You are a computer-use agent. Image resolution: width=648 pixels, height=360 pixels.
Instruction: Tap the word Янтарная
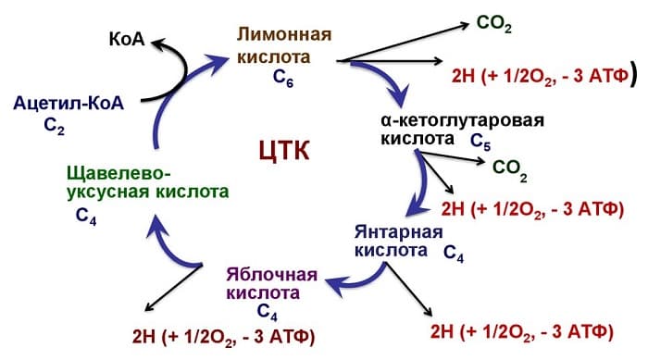coord(395,230)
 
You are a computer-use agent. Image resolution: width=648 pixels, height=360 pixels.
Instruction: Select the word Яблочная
coord(270,274)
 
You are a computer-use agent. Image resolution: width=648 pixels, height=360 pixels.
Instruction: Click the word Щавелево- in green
coord(119,173)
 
